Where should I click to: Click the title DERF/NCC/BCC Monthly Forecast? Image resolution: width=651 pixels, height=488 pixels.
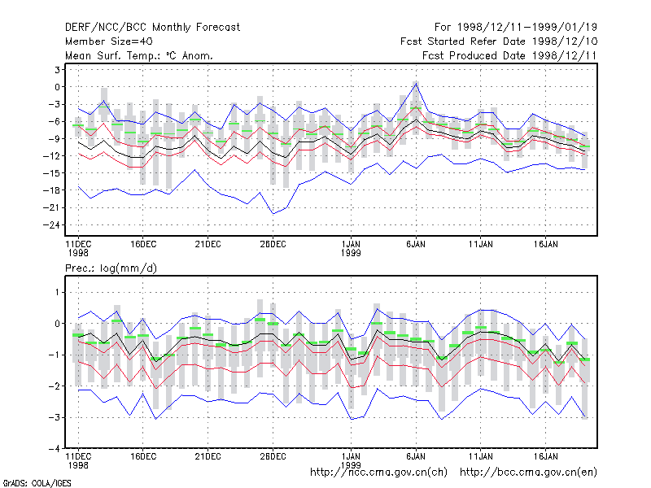click(152, 28)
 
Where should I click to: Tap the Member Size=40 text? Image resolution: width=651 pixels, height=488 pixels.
click(109, 41)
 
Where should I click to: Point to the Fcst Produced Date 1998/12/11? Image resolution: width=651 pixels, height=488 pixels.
click(509, 55)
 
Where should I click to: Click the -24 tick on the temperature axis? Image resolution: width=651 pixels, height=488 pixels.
click(51, 225)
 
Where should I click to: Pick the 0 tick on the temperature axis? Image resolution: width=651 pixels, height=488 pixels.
click(57, 87)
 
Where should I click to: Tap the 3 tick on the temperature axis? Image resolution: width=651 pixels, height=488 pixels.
click(57, 70)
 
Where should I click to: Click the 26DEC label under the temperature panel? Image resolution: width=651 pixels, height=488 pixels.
click(273, 245)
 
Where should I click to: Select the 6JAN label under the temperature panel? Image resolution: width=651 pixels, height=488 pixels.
click(416, 245)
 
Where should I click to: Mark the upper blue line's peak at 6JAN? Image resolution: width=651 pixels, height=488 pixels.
click(416, 84)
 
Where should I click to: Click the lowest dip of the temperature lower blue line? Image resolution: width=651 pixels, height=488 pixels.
click(273, 214)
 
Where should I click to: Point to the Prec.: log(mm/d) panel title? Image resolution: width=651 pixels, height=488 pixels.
click(111, 268)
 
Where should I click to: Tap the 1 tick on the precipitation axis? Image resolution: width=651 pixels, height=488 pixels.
click(57, 292)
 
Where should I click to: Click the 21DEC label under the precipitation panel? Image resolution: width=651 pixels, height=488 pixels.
click(208, 456)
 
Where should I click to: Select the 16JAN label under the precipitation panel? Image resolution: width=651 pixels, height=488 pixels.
click(545, 456)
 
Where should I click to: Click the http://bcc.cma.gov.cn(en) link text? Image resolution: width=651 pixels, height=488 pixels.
click(528, 473)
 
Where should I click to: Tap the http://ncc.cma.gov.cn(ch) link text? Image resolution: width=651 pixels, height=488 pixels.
click(378, 473)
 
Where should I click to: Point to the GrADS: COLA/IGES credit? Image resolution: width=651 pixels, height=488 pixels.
click(37, 483)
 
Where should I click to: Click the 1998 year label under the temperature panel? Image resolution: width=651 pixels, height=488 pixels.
click(78, 253)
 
